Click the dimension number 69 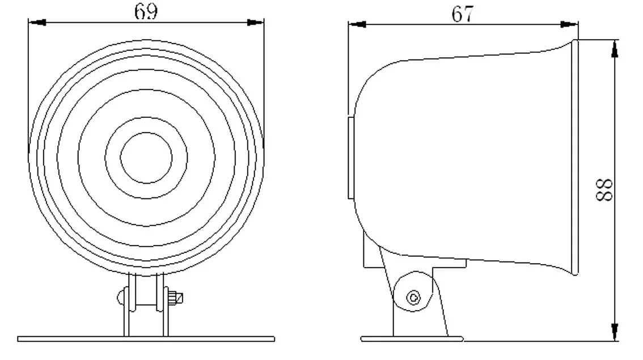146,11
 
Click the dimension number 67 463,14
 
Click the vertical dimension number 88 604,189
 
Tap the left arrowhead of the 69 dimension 37,22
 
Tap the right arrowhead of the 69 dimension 256,22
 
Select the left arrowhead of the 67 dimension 357,24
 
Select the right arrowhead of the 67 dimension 569,24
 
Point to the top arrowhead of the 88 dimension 614,49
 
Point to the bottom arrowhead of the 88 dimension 614,331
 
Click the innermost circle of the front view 146,133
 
